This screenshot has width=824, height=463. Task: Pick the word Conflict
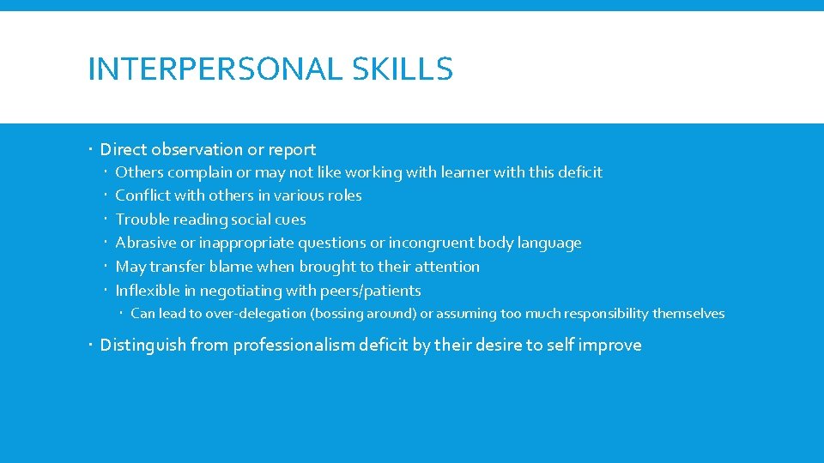point(142,195)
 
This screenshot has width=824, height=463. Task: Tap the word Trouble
point(142,219)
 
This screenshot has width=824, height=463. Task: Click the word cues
point(288,219)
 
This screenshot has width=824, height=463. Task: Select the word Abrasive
point(146,243)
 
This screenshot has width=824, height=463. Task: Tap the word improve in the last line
point(610,346)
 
